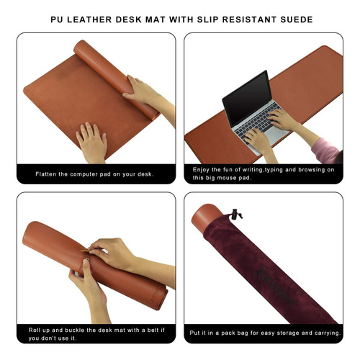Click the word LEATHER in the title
pos(89,19)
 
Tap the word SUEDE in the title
pos(297,19)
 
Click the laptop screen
pos(247,98)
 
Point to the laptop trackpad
pos(279,132)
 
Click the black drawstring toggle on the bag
pos(235,214)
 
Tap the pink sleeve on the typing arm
pos(325,148)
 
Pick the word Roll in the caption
pos(34,330)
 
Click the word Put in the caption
pos(194,333)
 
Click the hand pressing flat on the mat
pos(91,142)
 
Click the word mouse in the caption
pos(227,178)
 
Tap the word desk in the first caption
pos(144,174)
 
